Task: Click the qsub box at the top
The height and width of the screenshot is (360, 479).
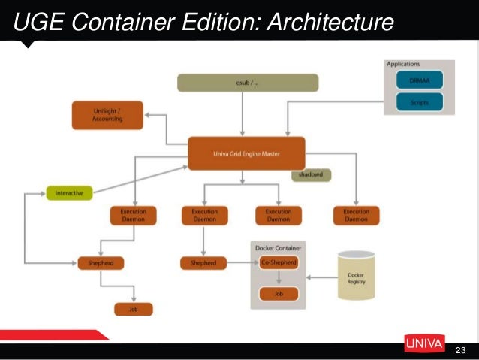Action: (x=237, y=83)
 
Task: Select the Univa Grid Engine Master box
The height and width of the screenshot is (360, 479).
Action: (x=246, y=153)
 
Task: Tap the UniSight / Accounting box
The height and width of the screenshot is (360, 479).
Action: (x=107, y=115)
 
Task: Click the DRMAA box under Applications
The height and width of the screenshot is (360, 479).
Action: (x=420, y=80)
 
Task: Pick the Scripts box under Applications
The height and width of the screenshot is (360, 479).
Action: (x=420, y=101)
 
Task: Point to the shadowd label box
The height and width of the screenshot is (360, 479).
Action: (x=311, y=174)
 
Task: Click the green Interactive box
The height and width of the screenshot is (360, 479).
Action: (x=69, y=193)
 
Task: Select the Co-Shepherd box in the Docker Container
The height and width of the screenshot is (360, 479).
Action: (x=278, y=262)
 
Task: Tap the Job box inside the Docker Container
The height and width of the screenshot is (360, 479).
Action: (x=278, y=294)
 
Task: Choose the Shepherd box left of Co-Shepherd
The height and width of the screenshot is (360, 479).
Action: (x=203, y=263)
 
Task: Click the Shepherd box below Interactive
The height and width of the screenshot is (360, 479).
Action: (x=101, y=263)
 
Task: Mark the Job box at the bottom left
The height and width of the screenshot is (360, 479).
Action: (x=133, y=309)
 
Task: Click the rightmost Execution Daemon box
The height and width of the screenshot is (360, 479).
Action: (x=356, y=216)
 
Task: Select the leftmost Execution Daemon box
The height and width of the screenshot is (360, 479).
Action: (x=133, y=216)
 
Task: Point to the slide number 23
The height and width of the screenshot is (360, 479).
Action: (x=460, y=350)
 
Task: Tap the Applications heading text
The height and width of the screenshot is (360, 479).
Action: (x=403, y=65)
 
